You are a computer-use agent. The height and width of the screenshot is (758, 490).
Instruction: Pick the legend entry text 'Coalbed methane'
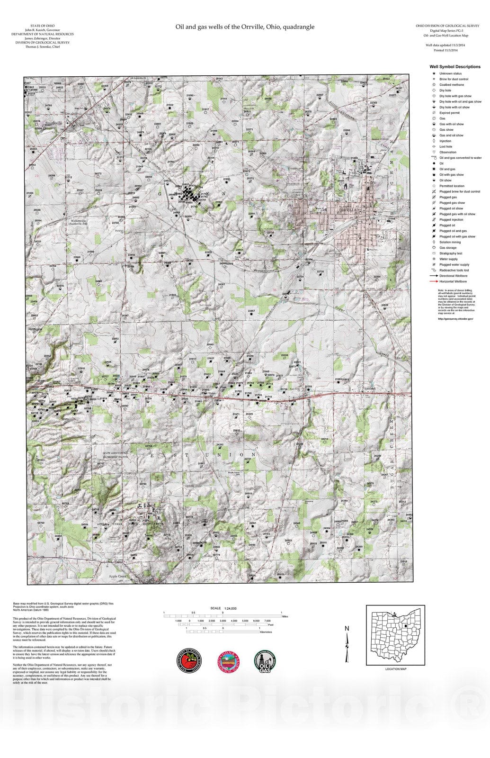(451, 85)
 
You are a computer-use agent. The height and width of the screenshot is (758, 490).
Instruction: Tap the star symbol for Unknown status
(433, 73)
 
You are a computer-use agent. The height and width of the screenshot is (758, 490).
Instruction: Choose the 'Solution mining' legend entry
(450, 242)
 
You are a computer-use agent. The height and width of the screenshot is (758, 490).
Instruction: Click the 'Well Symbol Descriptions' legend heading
(454, 67)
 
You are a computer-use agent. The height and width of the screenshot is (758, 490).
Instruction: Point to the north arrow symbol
(347, 644)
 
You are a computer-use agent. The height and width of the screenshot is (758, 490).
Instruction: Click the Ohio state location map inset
(396, 635)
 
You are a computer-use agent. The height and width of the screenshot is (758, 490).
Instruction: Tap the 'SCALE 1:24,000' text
(223, 608)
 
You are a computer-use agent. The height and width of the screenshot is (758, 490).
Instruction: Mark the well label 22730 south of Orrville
(320, 272)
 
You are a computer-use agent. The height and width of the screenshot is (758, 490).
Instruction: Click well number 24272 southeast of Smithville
(98, 174)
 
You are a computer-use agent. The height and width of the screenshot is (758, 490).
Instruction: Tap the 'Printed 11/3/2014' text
(445, 50)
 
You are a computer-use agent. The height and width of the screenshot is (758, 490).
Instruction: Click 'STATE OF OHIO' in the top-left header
(42, 25)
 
